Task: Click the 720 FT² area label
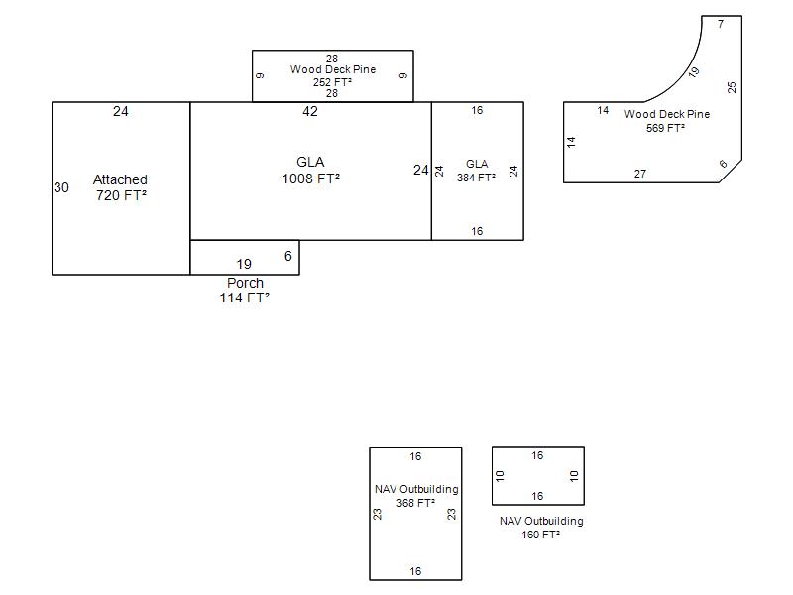121,196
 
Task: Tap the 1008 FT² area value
310,179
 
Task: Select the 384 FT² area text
476,178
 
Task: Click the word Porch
245,283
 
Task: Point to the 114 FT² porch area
245,297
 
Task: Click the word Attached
120,179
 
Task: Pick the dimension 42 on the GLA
310,111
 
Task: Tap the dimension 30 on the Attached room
61,187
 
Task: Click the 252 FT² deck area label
332,82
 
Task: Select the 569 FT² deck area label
666,128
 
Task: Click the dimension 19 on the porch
244,264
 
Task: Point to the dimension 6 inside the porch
288,256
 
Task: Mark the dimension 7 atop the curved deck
721,24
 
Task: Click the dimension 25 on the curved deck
732,87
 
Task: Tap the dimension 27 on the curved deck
640,174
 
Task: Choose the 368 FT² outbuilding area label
415,503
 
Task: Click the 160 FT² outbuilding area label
541,535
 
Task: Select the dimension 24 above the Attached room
120,111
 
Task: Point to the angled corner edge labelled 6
730,172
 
